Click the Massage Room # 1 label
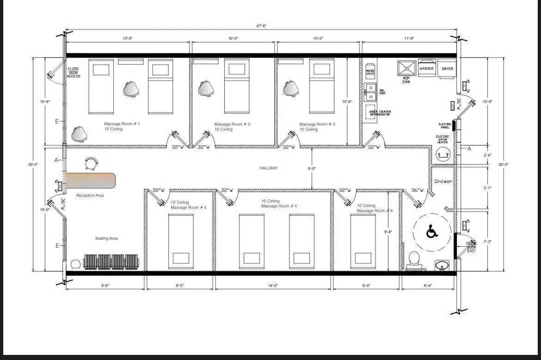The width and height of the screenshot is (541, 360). coord(122,124)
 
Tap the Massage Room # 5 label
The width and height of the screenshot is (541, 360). coord(279,206)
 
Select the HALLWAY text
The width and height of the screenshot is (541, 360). coord(268,168)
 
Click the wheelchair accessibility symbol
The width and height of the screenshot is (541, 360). coord(431,232)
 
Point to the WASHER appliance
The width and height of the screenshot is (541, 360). coord(426,68)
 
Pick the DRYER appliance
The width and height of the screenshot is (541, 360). coord(447,68)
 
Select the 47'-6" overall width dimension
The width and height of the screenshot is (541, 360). coord(259,26)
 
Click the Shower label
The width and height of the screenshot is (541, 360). coord(443,181)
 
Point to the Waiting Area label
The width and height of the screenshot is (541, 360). coord(106,238)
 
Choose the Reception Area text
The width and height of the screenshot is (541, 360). coord(90,195)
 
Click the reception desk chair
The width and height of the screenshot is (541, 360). coord(92,164)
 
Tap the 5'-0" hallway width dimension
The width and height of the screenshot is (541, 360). coord(312,169)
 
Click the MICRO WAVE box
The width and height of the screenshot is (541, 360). coord(370,73)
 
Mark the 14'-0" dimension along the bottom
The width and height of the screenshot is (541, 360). coord(273,286)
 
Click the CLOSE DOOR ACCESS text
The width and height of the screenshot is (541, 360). coord(73,73)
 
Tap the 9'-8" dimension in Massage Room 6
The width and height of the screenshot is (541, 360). coord(388,232)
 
